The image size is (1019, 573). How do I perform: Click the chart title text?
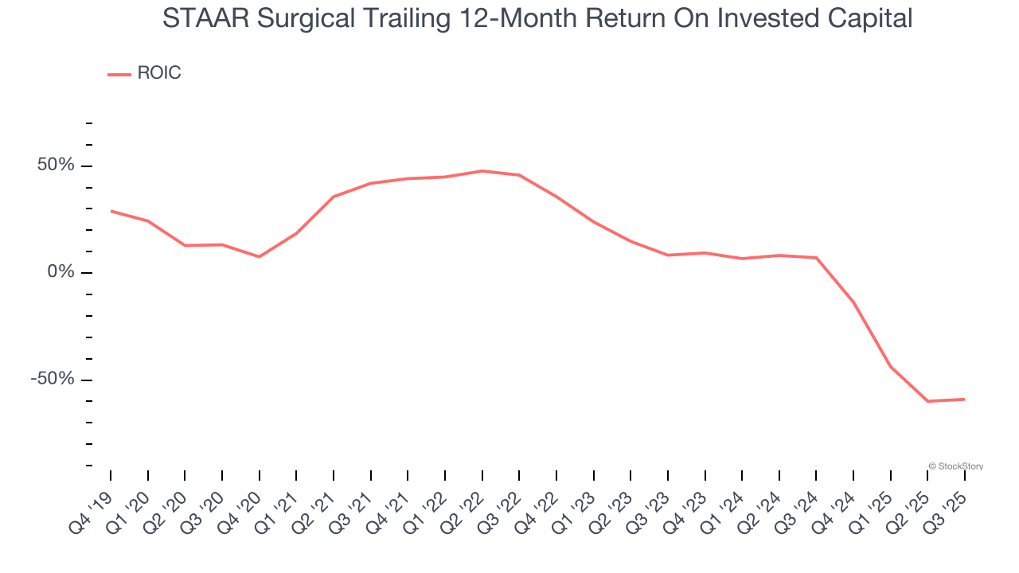pyautogui.click(x=537, y=18)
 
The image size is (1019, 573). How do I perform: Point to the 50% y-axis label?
pyautogui.click(x=55, y=166)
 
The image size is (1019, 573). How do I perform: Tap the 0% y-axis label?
pyautogui.click(x=61, y=272)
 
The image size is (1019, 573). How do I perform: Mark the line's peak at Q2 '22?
pyautogui.click(x=482, y=171)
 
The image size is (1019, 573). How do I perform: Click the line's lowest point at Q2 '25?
pyautogui.click(x=927, y=401)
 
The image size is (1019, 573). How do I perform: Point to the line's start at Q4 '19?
pyautogui.click(x=111, y=211)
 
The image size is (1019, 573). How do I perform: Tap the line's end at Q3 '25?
pyautogui.click(x=965, y=399)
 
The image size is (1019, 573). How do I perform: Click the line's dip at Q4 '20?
pyautogui.click(x=259, y=256)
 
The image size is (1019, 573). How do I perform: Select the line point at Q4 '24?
pyautogui.click(x=853, y=302)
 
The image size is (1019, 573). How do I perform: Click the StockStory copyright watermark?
pyautogui.click(x=956, y=466)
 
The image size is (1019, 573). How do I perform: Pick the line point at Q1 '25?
pyautogui.click(x=891, y=367)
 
